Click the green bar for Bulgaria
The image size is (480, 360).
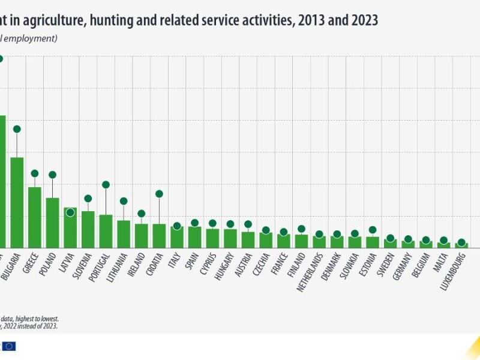[x=17, y=202]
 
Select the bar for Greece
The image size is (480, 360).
[x=35, y=217]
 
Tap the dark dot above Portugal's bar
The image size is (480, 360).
[x=106, y=185]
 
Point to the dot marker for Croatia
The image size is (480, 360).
[x=159, y=194]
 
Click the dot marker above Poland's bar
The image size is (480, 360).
[x=52, y=175]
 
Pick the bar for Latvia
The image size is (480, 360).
[x=70, y=227]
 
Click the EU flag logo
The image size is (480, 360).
[x=8, y=346]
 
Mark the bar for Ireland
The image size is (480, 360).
[x=141, y=235]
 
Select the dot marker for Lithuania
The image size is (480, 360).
[x=124, y=201]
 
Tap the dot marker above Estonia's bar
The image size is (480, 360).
[x=372, y=230]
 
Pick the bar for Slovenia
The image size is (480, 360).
[x=88, y=229]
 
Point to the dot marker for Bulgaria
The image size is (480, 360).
[x=17, y=129]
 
